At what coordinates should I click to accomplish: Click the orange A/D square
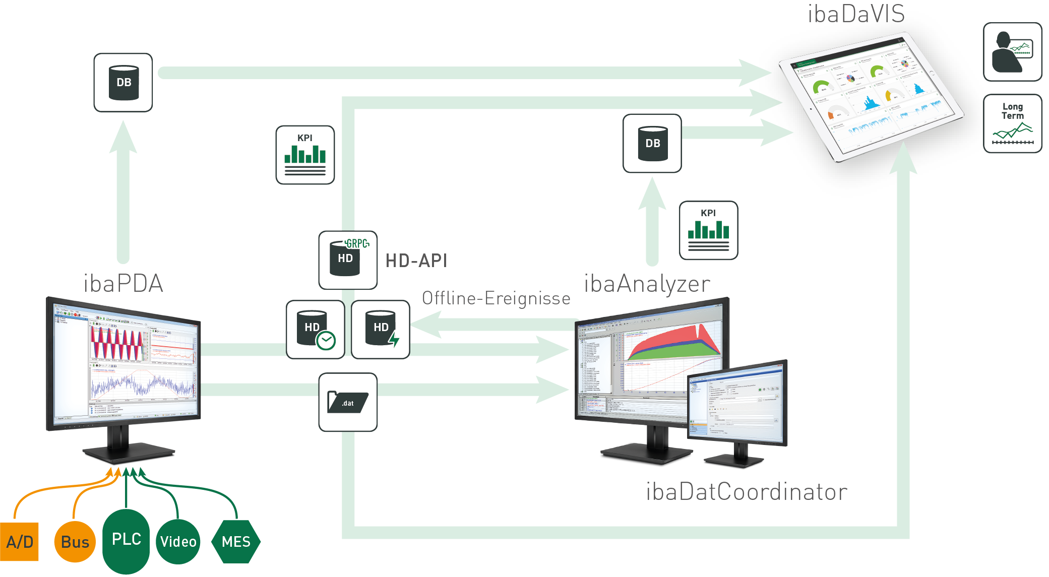pyautogui.click(x=19, y=542)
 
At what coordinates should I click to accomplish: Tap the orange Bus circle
pyautogui.click(x=75, y=542)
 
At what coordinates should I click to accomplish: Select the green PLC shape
pyautogui.click(x=126, y=540)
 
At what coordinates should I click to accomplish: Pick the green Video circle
pyautogui.click(x=178, y=542)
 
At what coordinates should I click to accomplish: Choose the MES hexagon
pyautogui.click(x=236, y=542)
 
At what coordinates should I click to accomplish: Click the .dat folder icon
pyautogui.click(x=348, y=402)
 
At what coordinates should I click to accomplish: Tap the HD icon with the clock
pyautogui.click(x=316, y=330)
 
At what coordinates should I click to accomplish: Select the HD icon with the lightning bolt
pyautogui.click(x=381, y=330)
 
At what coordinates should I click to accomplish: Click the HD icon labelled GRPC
pyautogui.click(x=348, y=260)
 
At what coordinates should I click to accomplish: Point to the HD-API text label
pyautogui.click(x=416, y=261)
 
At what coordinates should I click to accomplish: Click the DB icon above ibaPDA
pyautogui.click(x=123, y=83)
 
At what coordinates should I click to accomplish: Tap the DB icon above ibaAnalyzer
pyautogui.click(x=652, y=144)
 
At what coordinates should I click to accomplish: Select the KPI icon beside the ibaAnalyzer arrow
pyautogui.click(x=708, y=230)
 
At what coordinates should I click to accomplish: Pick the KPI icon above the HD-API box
pyautogui.click(x=305, y=155)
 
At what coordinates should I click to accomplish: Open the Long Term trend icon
pyautogui.click(x=1012, y=123)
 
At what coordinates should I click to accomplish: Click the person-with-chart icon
pyautogui.click(x=1012, y=52)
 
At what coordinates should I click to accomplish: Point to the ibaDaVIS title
pyautogui.click(x=856, y=14)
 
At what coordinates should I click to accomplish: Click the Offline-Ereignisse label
pyautogui.click(x=496, y=298)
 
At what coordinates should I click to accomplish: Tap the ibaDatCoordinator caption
pyautogui.click(x=747, y=492)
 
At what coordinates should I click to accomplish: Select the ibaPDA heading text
pyautogui.click(x=124, y=283)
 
